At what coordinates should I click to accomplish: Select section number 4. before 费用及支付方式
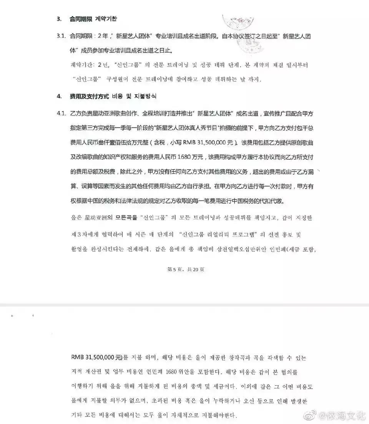click(x=59, y=96)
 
